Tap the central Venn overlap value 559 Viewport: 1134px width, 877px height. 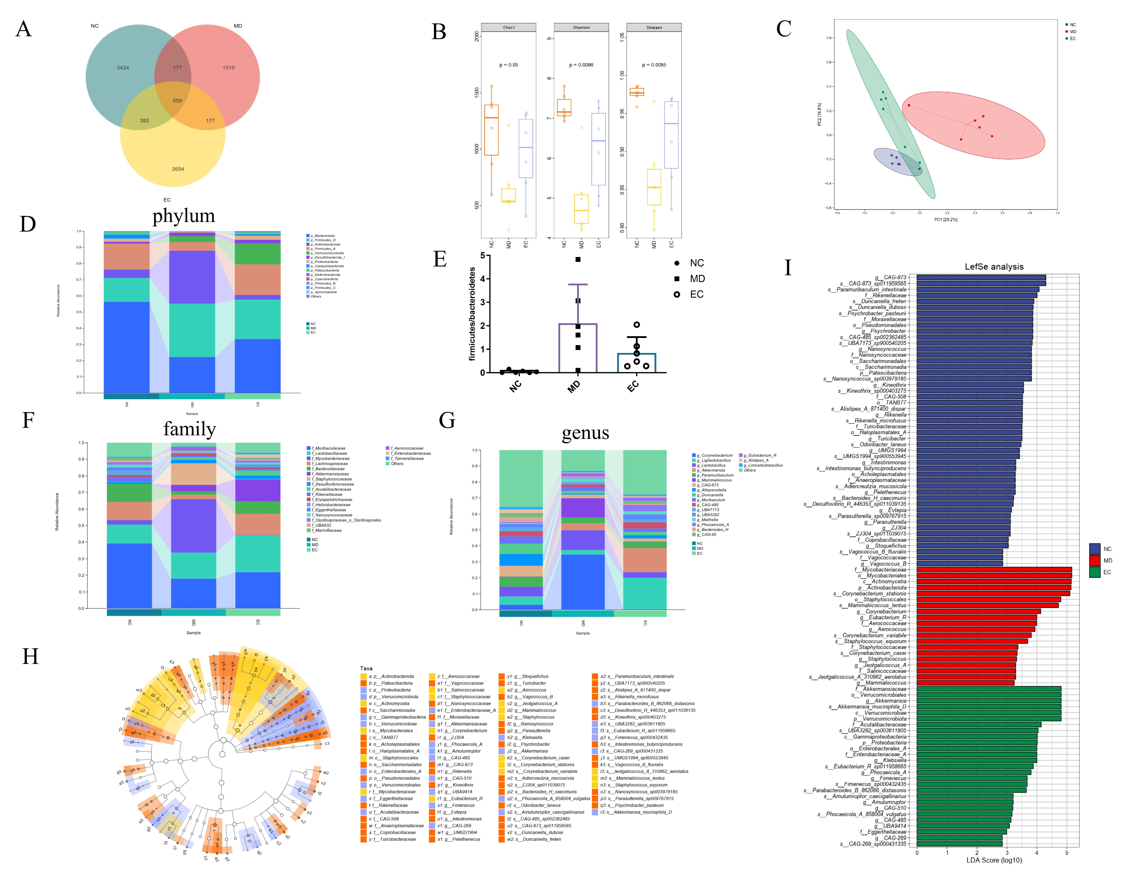click(x=177, y=101)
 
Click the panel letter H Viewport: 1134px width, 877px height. click(x=30, y=656)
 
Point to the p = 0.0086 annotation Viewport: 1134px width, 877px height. click(x=581, y=65)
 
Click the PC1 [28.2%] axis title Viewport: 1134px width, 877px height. click(x=946, y=220)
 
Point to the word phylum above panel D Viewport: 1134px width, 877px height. click(x=183, y=215)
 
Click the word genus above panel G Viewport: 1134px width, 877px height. click(x=585, y=433)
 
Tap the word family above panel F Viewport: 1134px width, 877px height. click(x=190, y=429)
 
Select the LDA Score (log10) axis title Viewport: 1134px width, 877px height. click(x=994, y=860)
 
